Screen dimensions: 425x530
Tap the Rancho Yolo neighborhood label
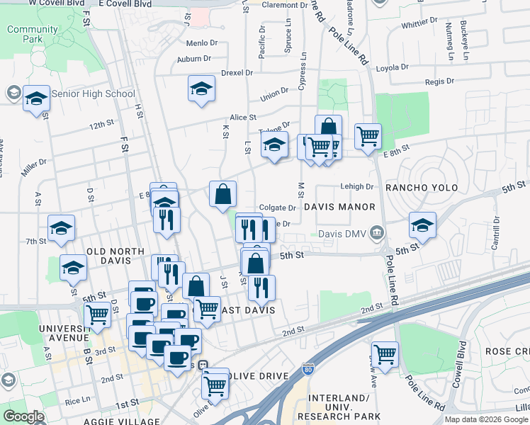coord(422,188)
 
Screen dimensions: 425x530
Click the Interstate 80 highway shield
coord(307,368)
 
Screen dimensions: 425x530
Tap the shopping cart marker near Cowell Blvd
coord(385,354)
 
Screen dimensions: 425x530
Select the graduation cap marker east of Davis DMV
coord(422,226)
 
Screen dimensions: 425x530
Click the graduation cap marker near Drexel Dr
coord(201,89)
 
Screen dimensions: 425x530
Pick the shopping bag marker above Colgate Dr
coord(222,194)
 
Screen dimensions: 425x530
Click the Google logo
coord(23,416)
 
